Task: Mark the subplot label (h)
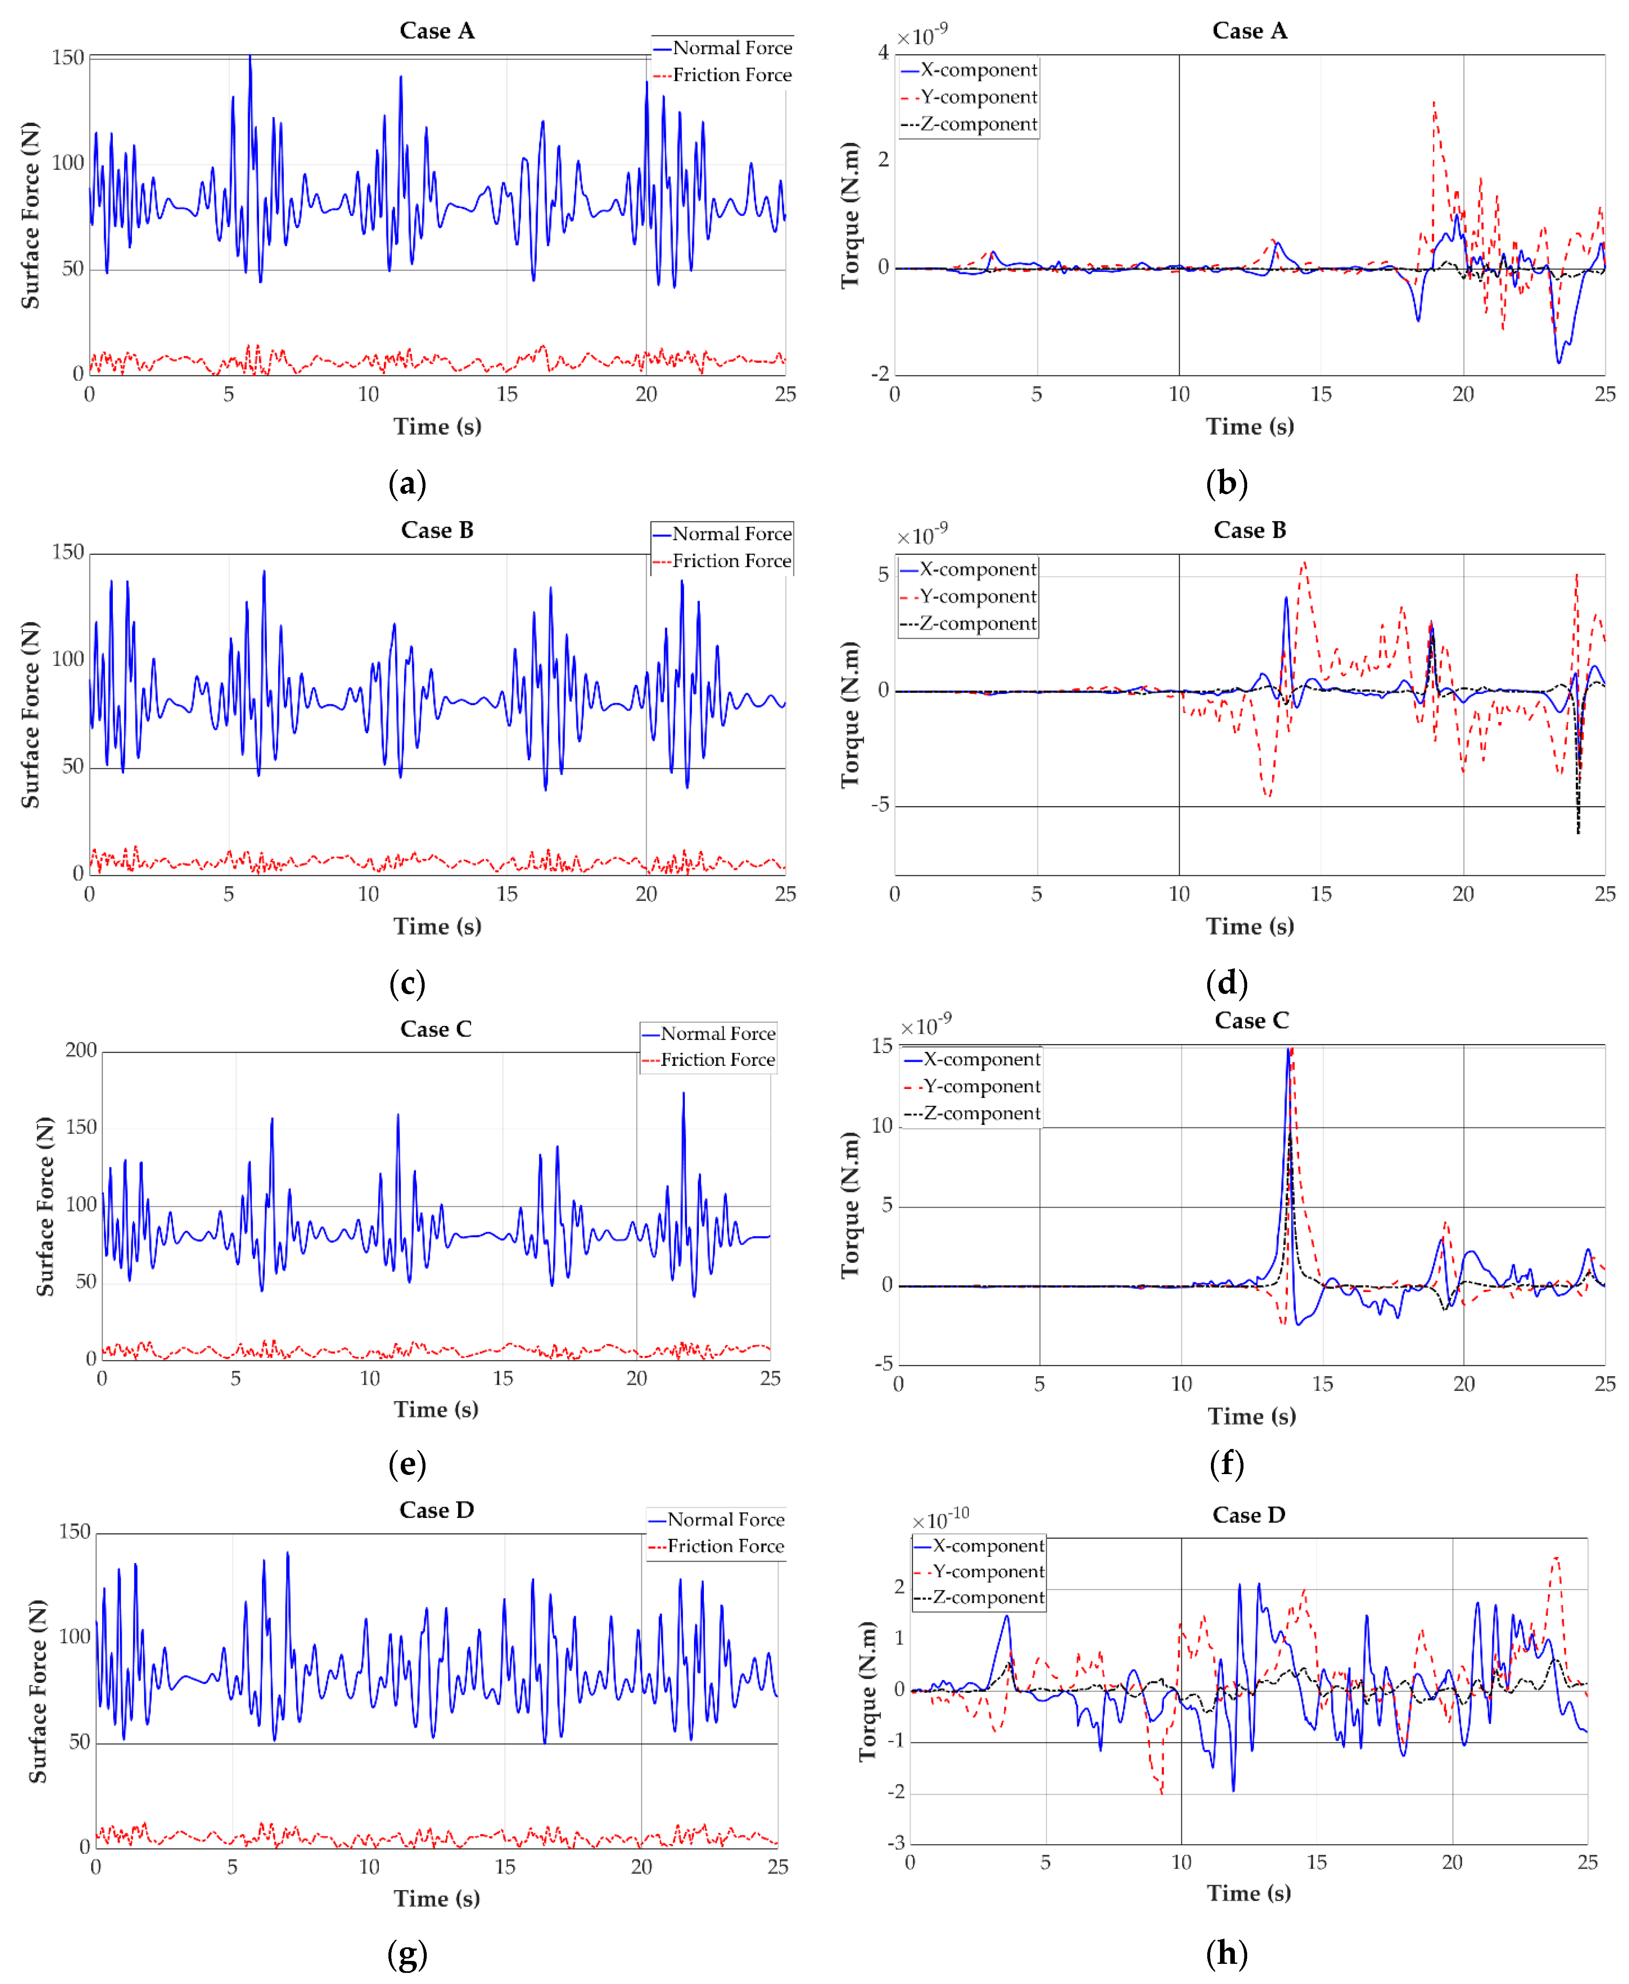(x=1227, y=1953)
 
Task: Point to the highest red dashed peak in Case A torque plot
(x=1434, y=103)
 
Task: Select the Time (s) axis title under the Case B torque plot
(x=1250, y=926)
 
